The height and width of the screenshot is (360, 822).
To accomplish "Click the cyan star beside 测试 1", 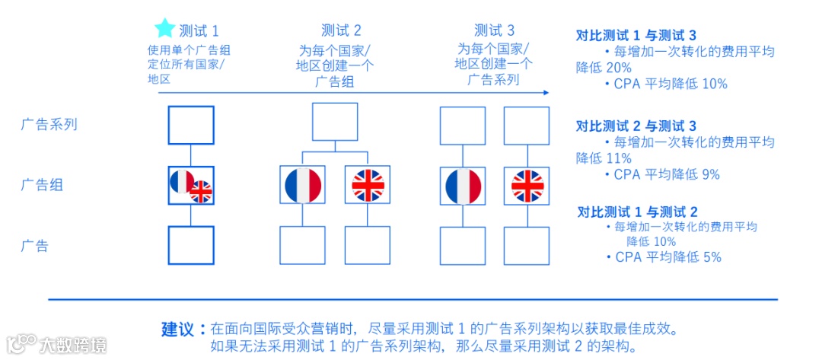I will (x=164, y=29).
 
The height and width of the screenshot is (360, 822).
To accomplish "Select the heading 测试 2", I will (x=341, y=30).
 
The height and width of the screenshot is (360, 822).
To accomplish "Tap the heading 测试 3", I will (x=494, y=30).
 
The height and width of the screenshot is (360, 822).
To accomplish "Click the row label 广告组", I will (x=42, y=185).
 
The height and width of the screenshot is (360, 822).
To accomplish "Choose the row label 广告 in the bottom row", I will (x=34, y=246).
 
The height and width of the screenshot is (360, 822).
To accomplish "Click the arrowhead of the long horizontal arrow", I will (x=544, y=92).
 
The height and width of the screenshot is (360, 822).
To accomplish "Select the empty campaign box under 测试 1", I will (x=190, y=125).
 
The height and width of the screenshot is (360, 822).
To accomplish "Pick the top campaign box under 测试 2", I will (x=335, y=122).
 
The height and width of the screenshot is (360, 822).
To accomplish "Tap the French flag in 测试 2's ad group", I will (x=303, y=185).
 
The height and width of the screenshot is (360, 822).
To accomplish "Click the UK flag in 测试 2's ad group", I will (x=368, y=185).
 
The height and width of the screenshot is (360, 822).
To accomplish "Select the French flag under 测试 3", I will (x=463, y=185).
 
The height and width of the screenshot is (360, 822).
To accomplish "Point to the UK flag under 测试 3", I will (x=527, y=185).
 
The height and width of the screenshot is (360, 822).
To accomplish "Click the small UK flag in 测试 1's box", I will (x=201, y=192).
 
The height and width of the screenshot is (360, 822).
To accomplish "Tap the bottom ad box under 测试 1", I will (x=190, y=245).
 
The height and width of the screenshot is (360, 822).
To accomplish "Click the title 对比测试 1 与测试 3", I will (x=636, y=35).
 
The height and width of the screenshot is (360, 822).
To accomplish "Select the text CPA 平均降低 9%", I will (x=667, y=174).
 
